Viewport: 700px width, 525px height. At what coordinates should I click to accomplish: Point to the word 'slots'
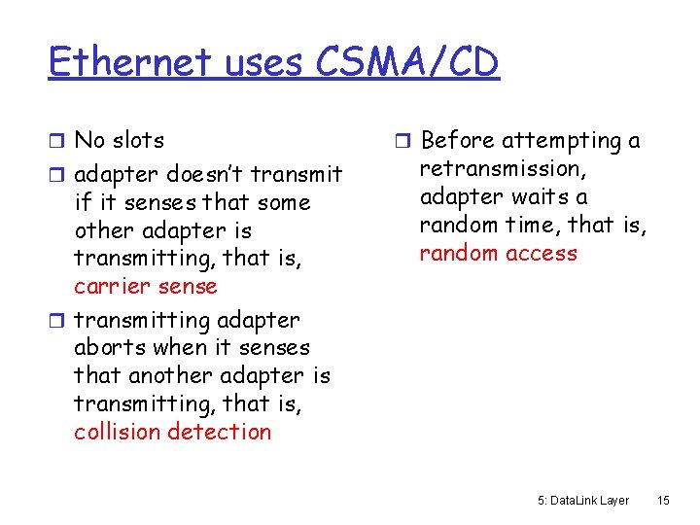click(136, 141)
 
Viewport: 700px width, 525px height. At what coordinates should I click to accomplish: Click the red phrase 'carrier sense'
click(146, 287)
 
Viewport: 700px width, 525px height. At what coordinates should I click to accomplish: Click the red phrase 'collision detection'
click(173, 432)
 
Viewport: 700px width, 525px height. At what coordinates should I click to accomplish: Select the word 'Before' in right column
click(457, 141)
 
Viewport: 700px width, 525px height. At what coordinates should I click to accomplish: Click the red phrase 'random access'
click(499, 254)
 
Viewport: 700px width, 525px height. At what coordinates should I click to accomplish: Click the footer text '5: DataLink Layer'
click(583, 501)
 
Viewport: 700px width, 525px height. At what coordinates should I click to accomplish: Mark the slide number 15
click(663, 501)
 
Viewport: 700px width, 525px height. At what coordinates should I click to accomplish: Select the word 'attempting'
click(562, 142)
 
